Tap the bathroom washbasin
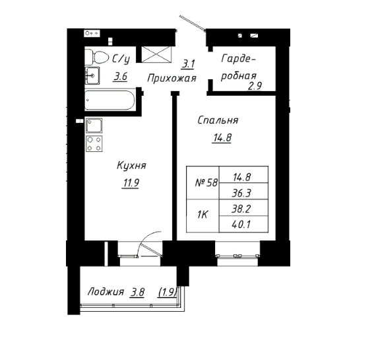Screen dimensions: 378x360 pos(92,75)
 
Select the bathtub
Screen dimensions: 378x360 pos(110,100)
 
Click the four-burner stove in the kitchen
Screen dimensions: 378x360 pos(94,143)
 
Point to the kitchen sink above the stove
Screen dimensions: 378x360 pos(94,126)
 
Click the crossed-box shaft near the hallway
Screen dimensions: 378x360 pos(156,54)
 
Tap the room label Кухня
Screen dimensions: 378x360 pos(131,166)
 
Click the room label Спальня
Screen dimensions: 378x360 pos(218,120)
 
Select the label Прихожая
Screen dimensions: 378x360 pos(172,78)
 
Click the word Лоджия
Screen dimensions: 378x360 pos(106,292)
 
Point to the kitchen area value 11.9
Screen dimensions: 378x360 pos(131,183)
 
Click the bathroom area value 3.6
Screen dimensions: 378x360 pos(120,77)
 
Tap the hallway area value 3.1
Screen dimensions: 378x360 pos(188,64)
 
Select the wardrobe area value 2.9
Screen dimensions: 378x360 pos(255,86)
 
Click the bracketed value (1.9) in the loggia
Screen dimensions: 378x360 pos(168,293)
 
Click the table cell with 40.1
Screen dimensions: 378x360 pos(243,225)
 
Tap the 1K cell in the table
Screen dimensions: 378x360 pos(203,216)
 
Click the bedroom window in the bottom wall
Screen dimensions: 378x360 pos(237,254)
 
